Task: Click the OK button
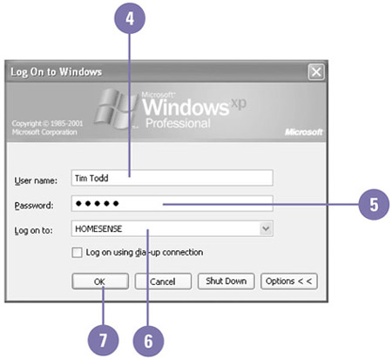click(x=100, y=281)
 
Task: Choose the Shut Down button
click(x=226, y=281)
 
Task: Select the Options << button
click(x=289, y=281)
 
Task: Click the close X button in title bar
click(x=316, y=71)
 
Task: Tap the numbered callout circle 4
click(x=130, y=18)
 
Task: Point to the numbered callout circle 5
click(x=374, y=204)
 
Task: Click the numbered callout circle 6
click(x=148, y=341)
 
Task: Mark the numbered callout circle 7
click(x=103, y=340)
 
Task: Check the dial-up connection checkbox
click(x=77, y=253)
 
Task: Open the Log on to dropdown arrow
click(x=266, y=228)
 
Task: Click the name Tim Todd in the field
click(x=91, y=178)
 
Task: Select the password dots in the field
click(x=97, y=203)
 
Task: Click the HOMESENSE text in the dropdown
click(x=98, y=228)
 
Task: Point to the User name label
click(x=36, y=180)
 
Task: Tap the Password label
click(x=34, y=206)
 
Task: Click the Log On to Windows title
click(x=56, y=71)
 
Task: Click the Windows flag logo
click(x=116, y=109)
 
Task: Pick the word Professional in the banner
click(x=178, y=124)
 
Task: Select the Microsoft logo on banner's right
click(x=304, y=132)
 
